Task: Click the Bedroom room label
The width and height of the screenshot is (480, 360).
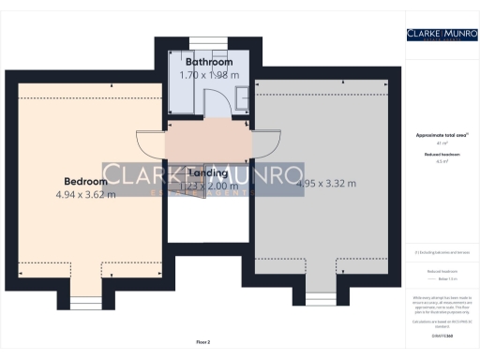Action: pos(84,181)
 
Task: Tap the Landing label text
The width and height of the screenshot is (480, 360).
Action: pos(209,173)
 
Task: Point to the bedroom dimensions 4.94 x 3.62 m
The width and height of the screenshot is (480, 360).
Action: pos(84,195)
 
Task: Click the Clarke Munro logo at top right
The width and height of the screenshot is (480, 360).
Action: pos(441,35)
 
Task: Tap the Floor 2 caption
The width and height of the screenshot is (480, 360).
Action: pos(203,342)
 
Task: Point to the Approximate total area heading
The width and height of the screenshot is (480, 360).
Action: pos(441,135)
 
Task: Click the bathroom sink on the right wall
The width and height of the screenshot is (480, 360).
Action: pos(241,91)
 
